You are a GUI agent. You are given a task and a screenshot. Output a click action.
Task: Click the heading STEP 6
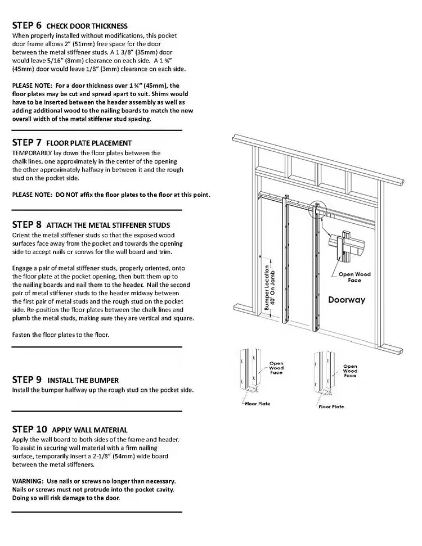coord(26,26)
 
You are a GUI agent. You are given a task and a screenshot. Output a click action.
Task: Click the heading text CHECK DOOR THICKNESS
coord(87,26)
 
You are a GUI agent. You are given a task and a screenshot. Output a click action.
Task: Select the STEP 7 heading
coord(26,143)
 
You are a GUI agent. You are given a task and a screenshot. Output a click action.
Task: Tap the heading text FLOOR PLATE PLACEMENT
coord(89,143)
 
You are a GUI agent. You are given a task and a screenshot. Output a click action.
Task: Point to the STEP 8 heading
coord(26,225)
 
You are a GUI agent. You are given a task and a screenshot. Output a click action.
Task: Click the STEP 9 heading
coord(26,380)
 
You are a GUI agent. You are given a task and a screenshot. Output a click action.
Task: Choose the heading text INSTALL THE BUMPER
coord(83,380)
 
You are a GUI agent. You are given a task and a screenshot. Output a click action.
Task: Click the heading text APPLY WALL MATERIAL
coord(89,430)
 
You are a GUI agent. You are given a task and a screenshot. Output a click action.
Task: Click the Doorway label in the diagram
coord(347,300)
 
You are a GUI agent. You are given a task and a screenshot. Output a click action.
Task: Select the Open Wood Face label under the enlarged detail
coord(354,277)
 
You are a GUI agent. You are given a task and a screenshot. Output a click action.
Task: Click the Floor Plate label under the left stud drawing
coord(257,403)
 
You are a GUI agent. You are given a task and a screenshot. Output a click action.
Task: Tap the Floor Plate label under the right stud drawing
coord(332,406)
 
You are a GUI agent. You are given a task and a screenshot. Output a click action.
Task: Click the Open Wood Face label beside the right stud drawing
coord(350,371)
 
